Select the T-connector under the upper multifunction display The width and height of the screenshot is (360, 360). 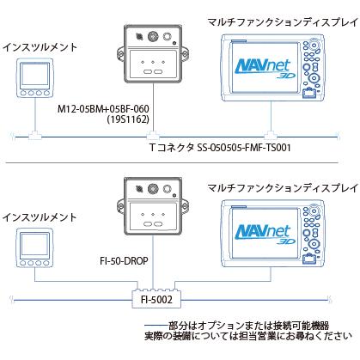pyautogui.click(x=272, y=135)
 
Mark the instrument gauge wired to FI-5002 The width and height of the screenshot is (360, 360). pyautogui.click(x=33, y=244)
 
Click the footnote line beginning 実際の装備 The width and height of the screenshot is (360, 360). pyautogui.click(x=249, y=338)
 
